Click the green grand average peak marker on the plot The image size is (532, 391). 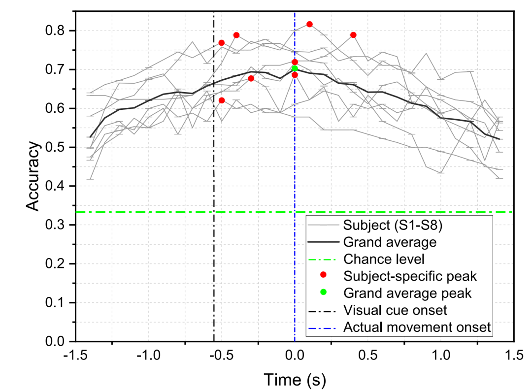(x=295, y=68)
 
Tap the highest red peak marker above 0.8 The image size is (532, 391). (x=309, y=24)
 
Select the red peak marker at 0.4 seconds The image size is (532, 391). (x=353, y=35)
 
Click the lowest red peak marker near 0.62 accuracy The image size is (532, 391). (x=222, y=100)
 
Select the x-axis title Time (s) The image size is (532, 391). (x=295, y=380)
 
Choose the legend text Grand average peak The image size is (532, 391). (x=407, y=293)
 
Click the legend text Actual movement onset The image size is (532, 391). (x=417, y=327)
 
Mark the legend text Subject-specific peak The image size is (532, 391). (x=410, y=276)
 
